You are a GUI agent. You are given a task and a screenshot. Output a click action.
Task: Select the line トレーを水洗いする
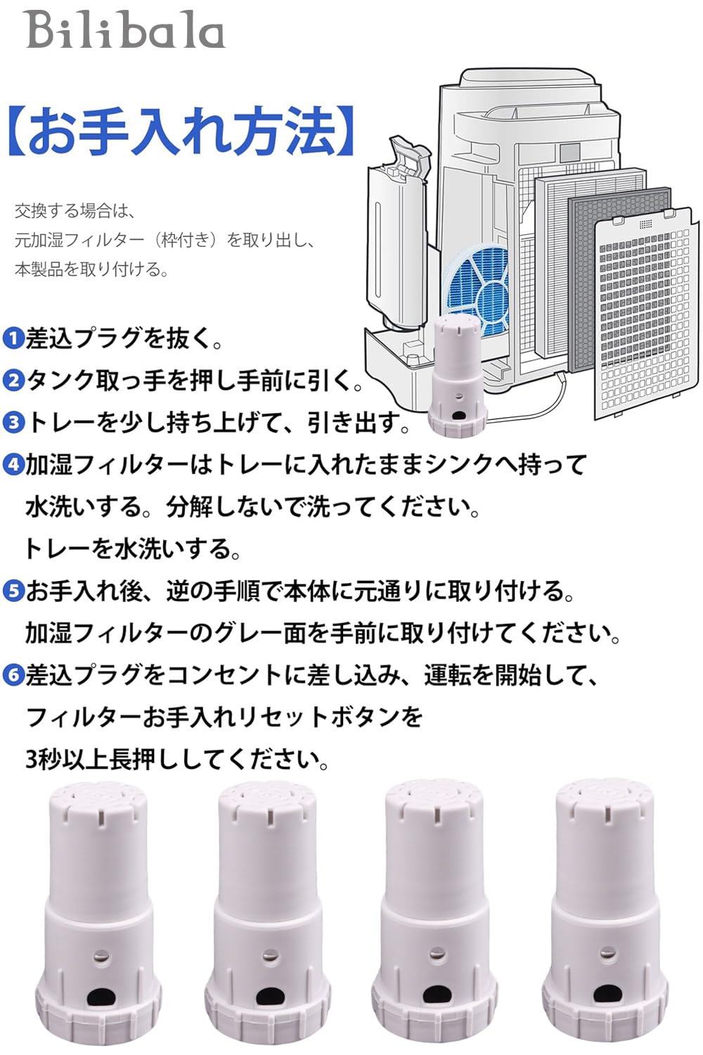click(132, 549)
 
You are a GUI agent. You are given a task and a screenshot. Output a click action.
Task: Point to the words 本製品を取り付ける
click(91, 269)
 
